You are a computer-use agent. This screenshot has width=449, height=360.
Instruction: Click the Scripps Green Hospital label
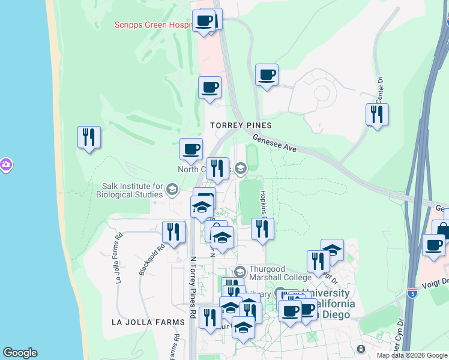(153, 25)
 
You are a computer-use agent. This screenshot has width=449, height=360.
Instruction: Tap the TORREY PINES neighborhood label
(241, 125)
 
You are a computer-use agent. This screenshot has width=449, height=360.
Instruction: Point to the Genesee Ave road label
(275, 143)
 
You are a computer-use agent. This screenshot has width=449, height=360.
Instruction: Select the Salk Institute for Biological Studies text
(133, 190)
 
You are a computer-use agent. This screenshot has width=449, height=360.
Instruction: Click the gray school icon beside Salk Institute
(172, 191)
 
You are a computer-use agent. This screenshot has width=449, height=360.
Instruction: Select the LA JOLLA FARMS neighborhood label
(148, 322)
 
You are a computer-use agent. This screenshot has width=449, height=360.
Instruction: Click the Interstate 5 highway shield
(412, 293)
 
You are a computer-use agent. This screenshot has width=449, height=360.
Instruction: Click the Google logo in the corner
(20, 353)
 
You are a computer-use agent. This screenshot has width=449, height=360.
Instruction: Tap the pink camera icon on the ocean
(5, 164)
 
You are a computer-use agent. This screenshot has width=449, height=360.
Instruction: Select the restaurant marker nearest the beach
(89, 137)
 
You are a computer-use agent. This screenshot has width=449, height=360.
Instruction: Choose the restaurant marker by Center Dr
(377, 113)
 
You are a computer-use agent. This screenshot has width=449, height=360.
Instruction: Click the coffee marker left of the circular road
(267, 75)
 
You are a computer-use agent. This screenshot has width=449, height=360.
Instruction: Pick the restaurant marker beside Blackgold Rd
(173, 232)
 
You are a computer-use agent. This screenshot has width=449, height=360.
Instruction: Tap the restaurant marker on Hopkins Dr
(262, 229)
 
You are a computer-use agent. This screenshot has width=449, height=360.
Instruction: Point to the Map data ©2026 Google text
(412, 355)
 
